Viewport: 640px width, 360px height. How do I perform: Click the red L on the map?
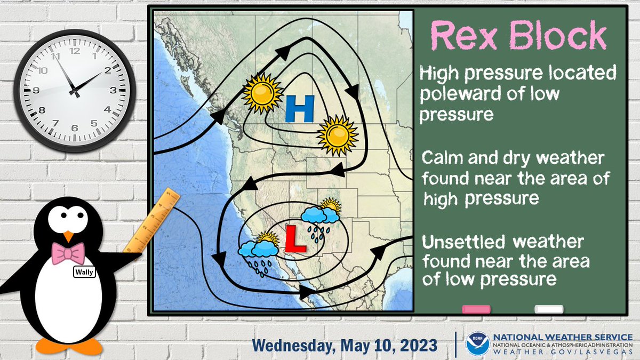[294, 238]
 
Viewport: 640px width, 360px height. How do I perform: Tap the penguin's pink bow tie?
[68, 253]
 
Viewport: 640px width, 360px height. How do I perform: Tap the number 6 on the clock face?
[74, 128]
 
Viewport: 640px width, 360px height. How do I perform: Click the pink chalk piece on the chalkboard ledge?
[476, 309]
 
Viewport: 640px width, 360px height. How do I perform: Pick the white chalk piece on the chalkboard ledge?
[549, 309]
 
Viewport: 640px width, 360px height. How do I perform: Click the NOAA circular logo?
[477, 344]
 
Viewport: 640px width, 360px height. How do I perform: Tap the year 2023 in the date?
[415, 345]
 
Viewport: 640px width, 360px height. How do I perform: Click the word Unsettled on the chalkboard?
[463, 243]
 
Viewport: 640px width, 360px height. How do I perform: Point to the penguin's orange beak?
[68, 236]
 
